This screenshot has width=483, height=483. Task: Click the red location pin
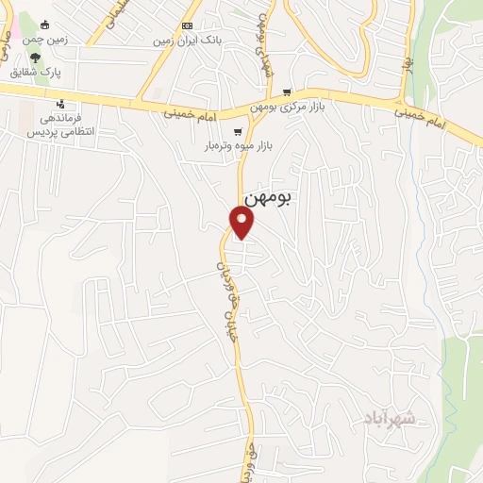tap(242, 222)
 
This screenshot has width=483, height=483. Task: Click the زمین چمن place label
tap(44, 40)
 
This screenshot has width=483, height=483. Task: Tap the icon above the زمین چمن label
tap(44, 25)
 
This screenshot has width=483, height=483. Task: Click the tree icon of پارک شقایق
tap(36, 58)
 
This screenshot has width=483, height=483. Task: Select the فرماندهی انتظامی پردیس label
tap(60, 125)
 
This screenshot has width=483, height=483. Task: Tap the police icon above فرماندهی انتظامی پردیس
tap(61, 104)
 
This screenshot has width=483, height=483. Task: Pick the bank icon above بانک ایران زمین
tap(187, 25)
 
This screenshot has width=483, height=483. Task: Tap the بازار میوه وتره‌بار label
tap(232, 147)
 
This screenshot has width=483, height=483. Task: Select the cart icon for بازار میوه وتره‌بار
tap(238, 131)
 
